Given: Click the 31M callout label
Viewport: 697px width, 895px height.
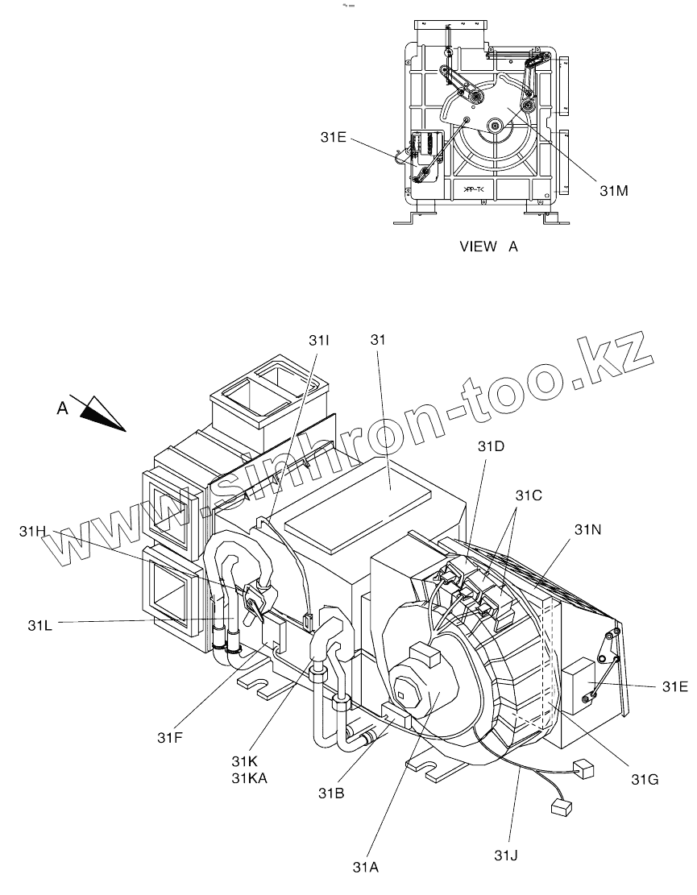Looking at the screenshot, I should pos(614,190).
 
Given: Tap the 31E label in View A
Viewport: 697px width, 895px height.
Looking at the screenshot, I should pos(331,137).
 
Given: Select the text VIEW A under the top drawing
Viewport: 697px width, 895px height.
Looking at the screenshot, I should pos(488,247).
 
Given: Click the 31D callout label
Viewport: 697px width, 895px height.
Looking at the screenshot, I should pos(491,446).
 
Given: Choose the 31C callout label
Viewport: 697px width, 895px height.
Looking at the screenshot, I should pos(529,496).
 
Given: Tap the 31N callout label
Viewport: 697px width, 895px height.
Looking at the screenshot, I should pos(588,529).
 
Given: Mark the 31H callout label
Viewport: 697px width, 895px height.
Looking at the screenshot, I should pos(33,531).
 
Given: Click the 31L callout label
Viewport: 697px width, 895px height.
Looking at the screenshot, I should pos(40,624).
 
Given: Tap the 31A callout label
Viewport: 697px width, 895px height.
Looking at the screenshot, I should pos(365,867).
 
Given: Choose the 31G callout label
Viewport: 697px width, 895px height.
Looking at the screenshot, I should pos(645,779).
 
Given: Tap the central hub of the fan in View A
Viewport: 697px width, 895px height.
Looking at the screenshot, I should pos(493,126).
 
